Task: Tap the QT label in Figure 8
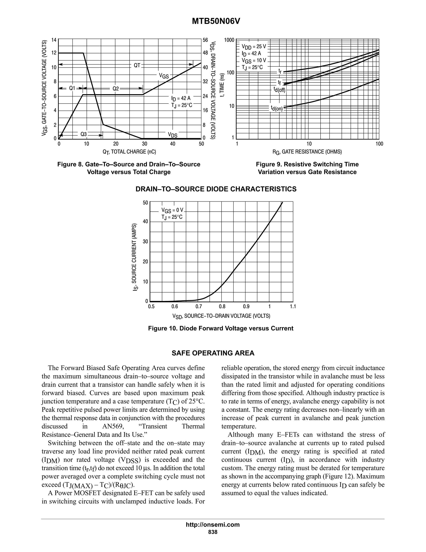click(x=137, y=65)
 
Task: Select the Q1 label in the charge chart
click(x=72, y=88)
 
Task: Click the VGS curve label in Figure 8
click(x=163, y=75)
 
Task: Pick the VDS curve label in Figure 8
click(x=173, y=135)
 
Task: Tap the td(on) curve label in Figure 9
click(x=277, y=109)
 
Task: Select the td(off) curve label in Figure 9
click(x=279, y=89)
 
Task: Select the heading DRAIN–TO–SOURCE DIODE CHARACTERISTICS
click(x=216, y=189)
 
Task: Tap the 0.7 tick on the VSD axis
click(x=199, y=307)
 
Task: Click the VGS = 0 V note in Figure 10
click(x=172, y=210)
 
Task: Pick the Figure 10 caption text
click(x=220, y=328)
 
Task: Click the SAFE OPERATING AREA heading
click(x=213, y=353)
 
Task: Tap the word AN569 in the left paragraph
click(x=113, y=426)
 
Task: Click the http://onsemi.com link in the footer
click(x=213, y=525)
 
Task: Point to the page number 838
click(x=213, y=532)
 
